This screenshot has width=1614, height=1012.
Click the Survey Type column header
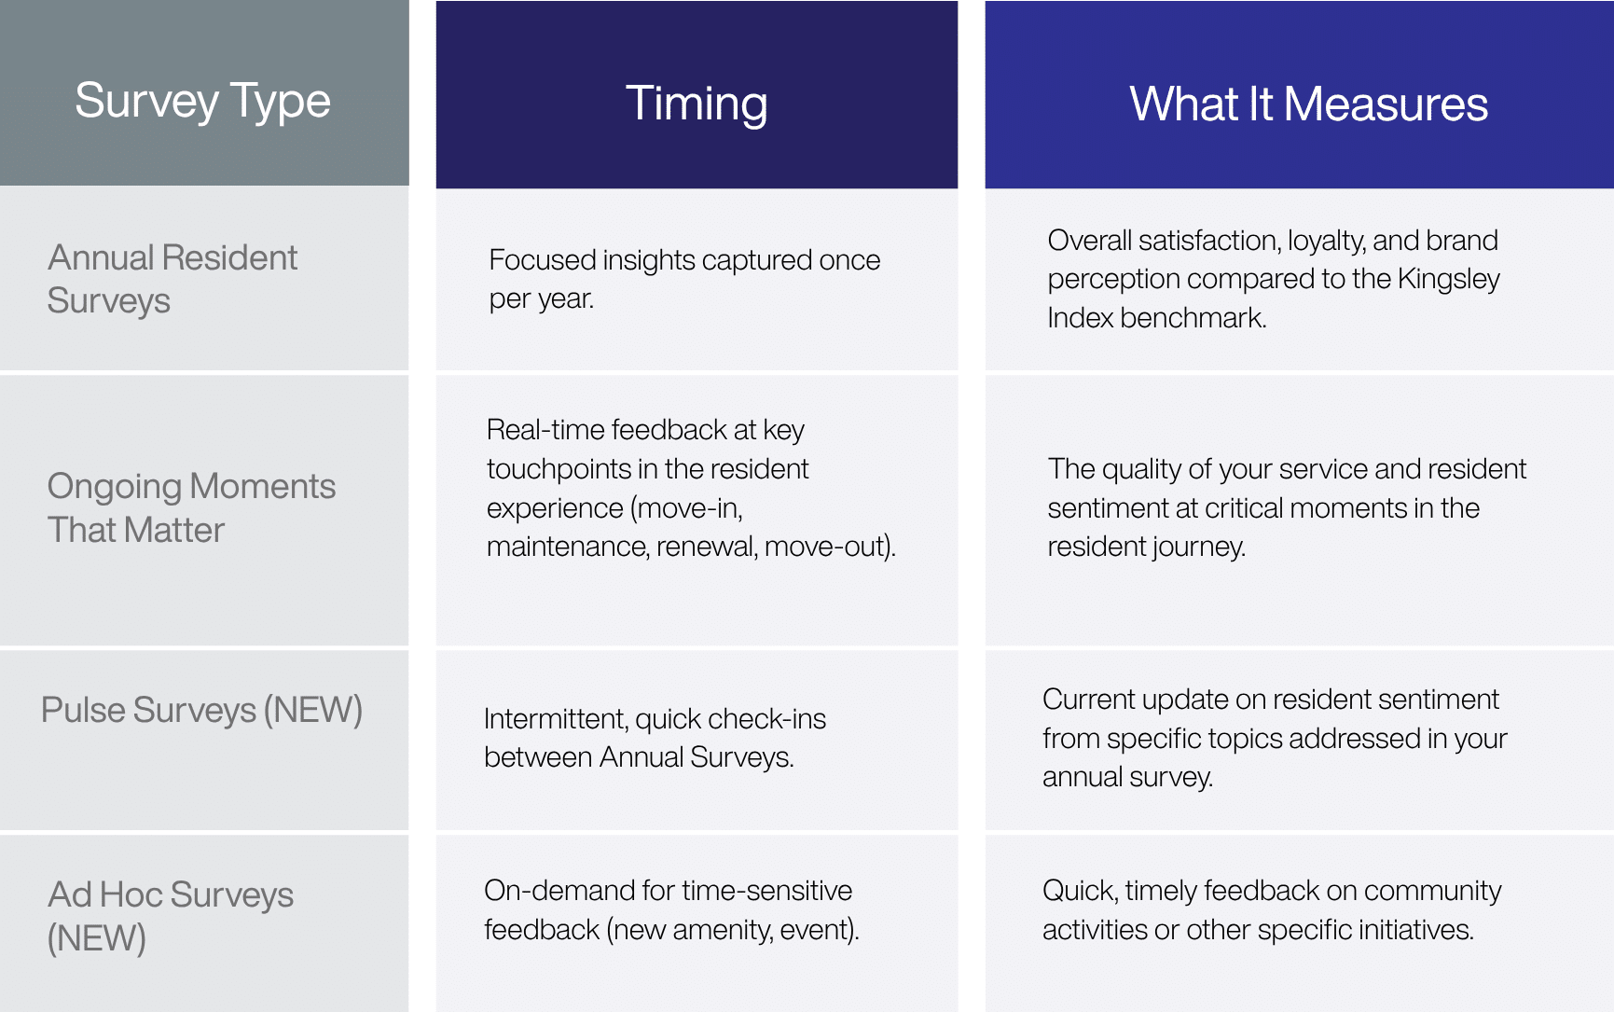click(x=202, y=101)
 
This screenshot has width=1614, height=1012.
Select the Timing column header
click(x=697, y=103)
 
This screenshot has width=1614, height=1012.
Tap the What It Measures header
click(x=1308, y=103)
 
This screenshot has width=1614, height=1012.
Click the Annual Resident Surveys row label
click(x=172, y=279)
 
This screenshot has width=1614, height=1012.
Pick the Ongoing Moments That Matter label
click(x=190, y=507)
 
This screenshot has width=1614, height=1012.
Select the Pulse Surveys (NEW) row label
click(x=201, y=710)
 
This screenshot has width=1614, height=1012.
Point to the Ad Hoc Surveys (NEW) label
click(x=170, y=915)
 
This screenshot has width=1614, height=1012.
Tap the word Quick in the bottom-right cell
click(x=1078, y=891)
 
